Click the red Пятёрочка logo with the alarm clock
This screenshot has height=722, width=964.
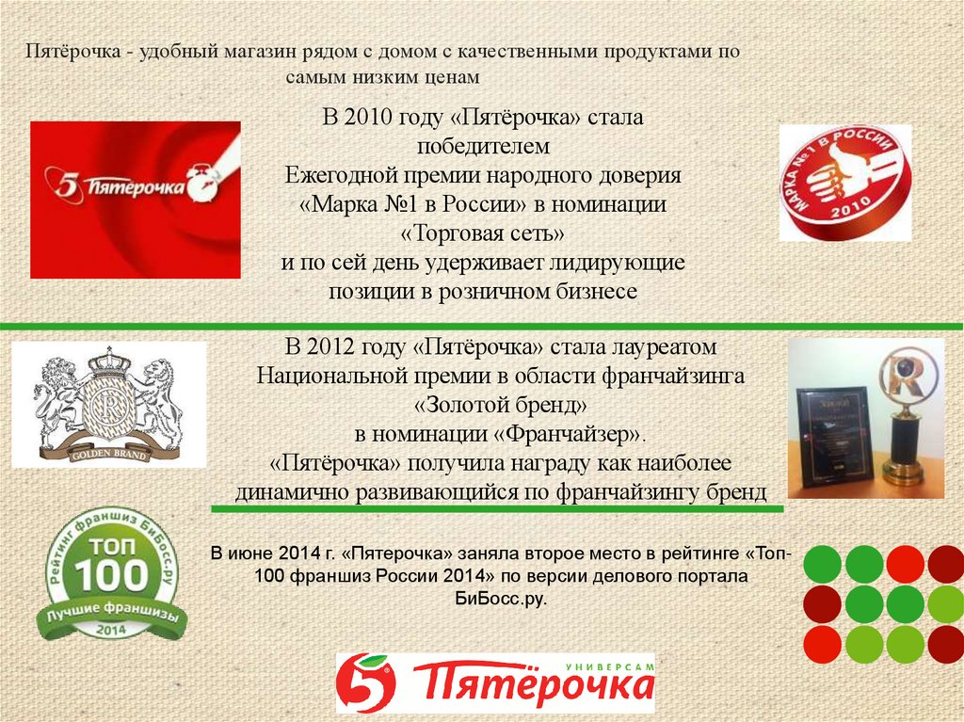tap(135, 200)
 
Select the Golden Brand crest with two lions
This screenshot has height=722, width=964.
tap(108, 405)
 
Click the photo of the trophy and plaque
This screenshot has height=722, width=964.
tap(865, 418)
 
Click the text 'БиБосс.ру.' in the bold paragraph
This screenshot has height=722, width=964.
tap(500, 599)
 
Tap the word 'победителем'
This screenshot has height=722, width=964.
tap(483, 148)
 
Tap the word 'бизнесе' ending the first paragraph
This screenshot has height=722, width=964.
tap(595, 291)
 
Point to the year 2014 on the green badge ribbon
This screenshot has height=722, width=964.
tap(111, 627)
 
